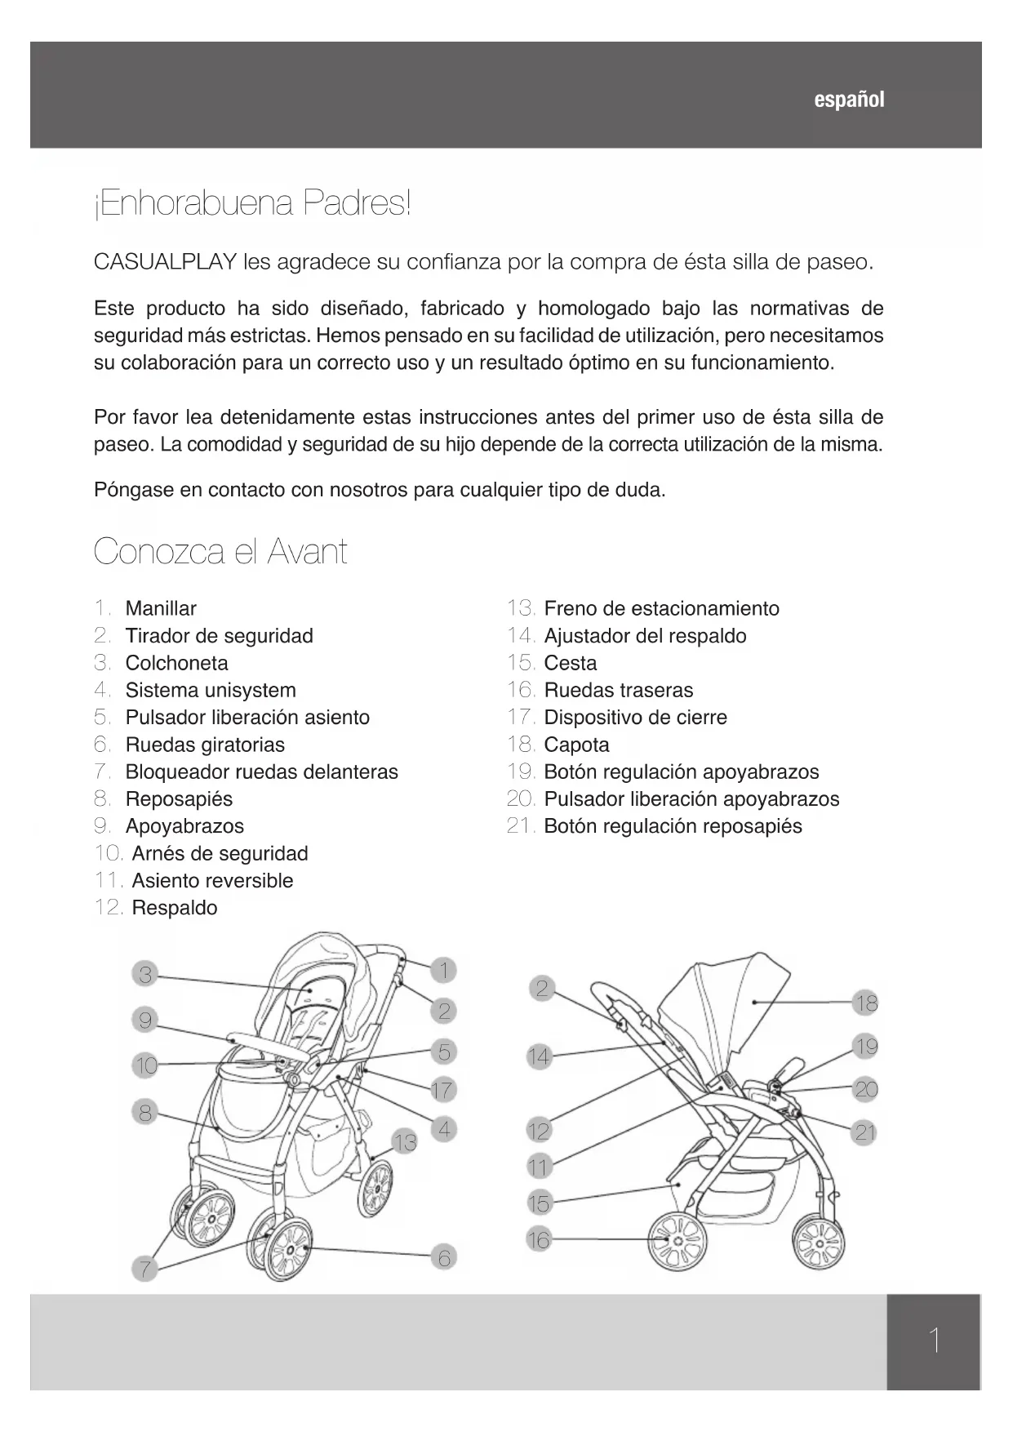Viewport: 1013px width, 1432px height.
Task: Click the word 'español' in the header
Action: click(849, 100)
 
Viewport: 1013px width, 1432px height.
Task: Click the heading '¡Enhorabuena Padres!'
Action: click(253, 203)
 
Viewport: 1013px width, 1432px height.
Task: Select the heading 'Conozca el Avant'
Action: click(220, 552)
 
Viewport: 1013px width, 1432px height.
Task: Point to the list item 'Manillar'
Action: click(161, 608)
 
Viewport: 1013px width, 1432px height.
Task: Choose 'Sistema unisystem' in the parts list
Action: click(211, 690)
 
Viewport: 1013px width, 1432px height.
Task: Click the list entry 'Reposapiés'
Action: click(179, 798)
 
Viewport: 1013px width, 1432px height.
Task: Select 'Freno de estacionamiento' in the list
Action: click(661, 608)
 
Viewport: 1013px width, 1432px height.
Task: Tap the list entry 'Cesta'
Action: click(570, 663)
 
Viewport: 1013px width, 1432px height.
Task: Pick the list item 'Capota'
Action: click(576, 745)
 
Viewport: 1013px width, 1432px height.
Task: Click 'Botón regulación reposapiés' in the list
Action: click(673, 826)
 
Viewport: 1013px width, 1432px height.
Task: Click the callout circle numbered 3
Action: click(145, 974)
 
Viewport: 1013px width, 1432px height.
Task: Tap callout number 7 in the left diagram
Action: click(144, 1269)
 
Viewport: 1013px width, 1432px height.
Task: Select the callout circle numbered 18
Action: click(866, 1003)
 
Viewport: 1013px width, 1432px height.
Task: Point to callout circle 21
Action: click(865, 1132)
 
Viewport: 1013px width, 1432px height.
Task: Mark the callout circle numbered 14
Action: click(539, 1057)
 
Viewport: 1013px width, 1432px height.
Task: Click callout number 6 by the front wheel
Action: click(444, 1258)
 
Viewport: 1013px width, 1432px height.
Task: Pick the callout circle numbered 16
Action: click(539, 1240)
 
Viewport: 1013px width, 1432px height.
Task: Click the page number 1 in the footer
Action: click(934, 1341)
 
